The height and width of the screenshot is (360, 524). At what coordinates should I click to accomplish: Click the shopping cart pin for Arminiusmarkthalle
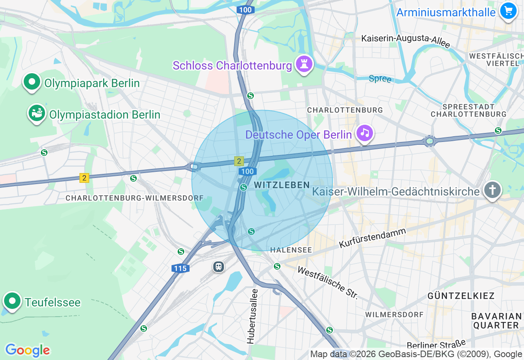508,11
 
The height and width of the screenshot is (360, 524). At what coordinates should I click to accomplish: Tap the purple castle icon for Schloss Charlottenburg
304,64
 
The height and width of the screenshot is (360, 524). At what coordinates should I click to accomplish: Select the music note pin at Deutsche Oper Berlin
364,133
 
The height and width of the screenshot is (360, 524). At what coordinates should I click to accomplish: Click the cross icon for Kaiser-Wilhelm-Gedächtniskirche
492,190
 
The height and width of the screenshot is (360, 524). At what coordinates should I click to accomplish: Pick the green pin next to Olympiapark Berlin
32,82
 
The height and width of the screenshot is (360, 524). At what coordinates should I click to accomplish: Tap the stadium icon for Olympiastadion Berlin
36,113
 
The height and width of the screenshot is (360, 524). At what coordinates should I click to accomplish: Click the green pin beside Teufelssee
12,301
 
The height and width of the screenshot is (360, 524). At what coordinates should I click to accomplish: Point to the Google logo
27,350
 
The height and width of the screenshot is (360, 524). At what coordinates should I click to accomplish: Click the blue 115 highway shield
180,268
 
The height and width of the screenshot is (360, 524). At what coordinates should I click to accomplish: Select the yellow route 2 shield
84,178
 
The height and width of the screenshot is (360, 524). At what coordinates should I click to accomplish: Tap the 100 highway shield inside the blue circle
248,171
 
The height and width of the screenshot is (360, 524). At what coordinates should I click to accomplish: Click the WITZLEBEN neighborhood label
282,185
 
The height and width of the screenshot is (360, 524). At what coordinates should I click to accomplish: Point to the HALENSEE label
291,250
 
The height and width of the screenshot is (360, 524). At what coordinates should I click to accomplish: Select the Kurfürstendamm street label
372,238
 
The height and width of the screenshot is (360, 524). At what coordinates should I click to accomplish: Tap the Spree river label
380,79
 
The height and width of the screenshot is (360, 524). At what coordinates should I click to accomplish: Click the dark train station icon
219,267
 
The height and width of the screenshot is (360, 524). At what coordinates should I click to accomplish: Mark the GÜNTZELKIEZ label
461,295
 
